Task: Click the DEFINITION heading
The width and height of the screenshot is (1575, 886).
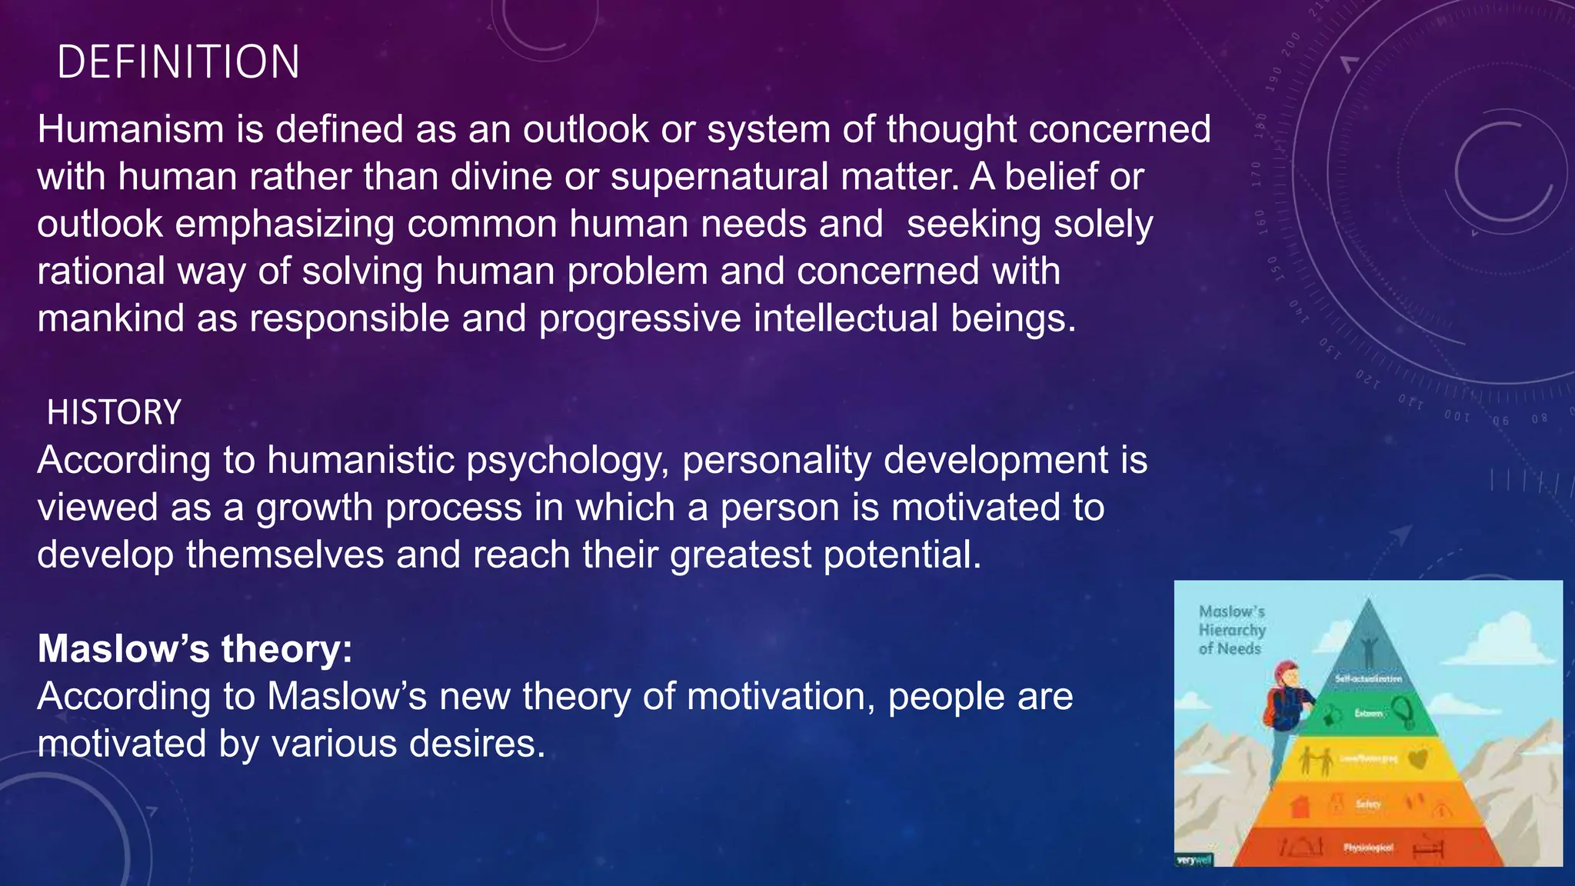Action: (x=178, y=62)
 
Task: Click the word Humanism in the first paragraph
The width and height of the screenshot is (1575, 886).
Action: (x=130, y=129)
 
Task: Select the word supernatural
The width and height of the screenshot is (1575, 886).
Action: (x=719, y=177)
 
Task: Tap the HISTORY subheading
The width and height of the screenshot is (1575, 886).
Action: (x=114, y=413)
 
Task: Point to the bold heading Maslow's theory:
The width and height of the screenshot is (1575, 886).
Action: (x=195, y=648)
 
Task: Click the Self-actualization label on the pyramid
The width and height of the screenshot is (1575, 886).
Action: (x=1368, y=679)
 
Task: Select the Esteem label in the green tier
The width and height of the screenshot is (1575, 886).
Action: (x=1368, y=714)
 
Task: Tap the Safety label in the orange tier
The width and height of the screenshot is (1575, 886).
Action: (x=1368, y=804)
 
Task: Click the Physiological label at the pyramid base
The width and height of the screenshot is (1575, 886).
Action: (x=1368, y=848)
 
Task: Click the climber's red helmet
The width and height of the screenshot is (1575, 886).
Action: (x=1287, y=672)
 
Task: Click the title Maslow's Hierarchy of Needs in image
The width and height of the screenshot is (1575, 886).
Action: (x=1232, y=630)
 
